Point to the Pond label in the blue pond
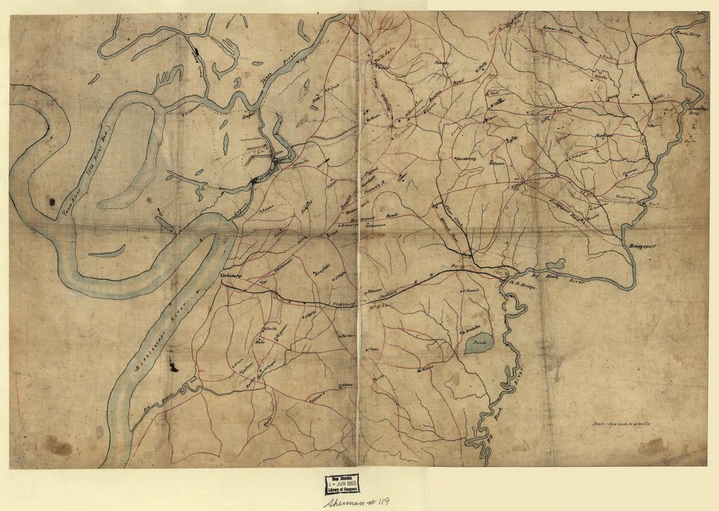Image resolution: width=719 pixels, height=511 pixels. point(479,342)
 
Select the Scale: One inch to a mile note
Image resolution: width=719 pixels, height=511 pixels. point(620,423)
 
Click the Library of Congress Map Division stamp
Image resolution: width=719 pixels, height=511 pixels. point(341,485)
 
